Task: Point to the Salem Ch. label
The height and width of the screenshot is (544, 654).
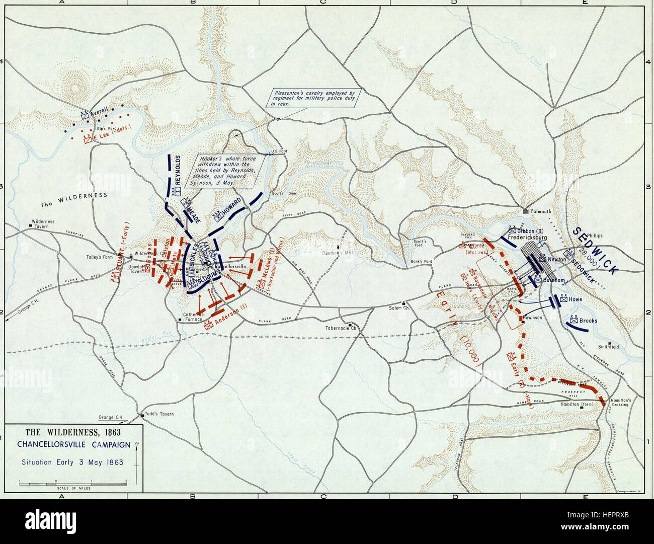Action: click(x=400, y=308)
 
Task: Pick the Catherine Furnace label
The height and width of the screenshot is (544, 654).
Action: click(x=193, y=317)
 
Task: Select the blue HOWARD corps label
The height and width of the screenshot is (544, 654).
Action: click(x=235, y=207)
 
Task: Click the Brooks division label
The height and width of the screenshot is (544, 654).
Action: click(x=588, y=320)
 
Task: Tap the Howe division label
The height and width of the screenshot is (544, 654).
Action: click(x=575, y=299)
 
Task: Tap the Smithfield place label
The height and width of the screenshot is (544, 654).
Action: click(x=608, y=347)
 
